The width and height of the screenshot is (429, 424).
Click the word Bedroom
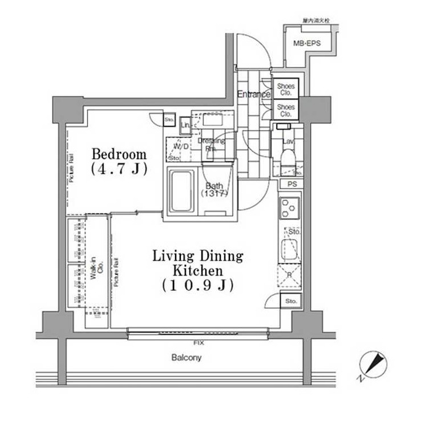(119, 154)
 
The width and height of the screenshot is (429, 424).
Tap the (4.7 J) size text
(119, 169)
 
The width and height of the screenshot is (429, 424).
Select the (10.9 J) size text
(197, 285)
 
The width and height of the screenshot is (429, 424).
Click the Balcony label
(187, 358)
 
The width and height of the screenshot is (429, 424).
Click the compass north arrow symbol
(375, 364)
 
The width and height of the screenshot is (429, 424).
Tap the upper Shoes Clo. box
(285, 89)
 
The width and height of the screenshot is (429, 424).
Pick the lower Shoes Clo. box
(285, 109)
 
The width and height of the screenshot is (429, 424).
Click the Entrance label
(253, 94)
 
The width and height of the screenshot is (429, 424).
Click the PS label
(292, 185)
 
